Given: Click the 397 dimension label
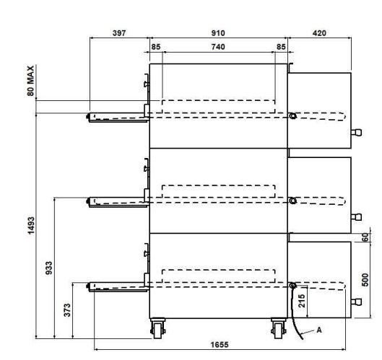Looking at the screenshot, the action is point(119,33).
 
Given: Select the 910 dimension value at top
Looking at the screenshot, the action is point(218,33).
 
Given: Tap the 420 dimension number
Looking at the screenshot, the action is point(319,33).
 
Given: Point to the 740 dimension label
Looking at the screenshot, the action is point(218,46).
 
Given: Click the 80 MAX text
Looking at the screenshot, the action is point(31,81).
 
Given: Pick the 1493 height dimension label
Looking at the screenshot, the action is point(31,226).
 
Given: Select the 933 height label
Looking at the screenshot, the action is point(49,268).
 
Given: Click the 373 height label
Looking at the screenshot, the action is point(67,310).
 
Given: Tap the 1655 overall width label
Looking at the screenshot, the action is point(220,345).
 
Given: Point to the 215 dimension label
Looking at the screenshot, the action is point(302,301).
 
